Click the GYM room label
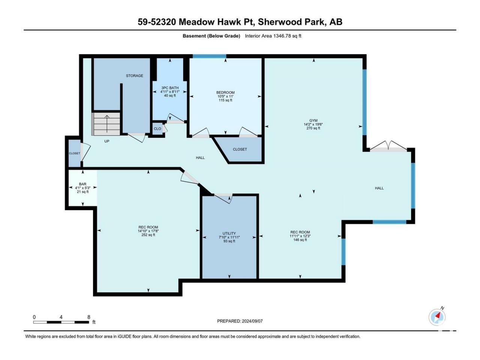click(313, 120)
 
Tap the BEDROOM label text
click(225, 93)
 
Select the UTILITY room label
click(229, 233)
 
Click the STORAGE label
click(135, 76)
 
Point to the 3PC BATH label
click(170, 88)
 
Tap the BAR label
click(82, 184)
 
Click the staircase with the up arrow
click(106, 124)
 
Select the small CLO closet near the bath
click(157, 129)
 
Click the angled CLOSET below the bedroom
click(240, 149)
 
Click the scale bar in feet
click(61, 322)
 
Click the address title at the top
click(240, 22)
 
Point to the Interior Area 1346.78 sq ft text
click(273, 36)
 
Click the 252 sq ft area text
click(148, 235)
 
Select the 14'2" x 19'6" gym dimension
click(313, 124)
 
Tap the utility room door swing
click(223, 198)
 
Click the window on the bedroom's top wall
click(209, 56)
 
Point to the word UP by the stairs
click(107, 141)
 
